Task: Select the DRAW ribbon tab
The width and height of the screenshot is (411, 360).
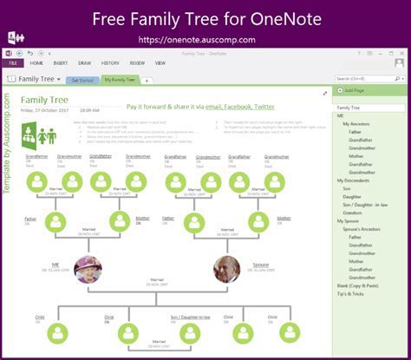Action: [x=85, y=63]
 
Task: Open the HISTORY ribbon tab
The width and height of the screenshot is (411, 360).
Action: [x=111, y=63]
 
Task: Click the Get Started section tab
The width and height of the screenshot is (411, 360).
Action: [x=82, y=80]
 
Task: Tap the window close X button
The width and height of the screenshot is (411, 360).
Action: [x=399, y=54]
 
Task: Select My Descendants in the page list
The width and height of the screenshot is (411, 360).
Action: [x=354, y=180]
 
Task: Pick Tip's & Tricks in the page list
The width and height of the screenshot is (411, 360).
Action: [x=354, y=293]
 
